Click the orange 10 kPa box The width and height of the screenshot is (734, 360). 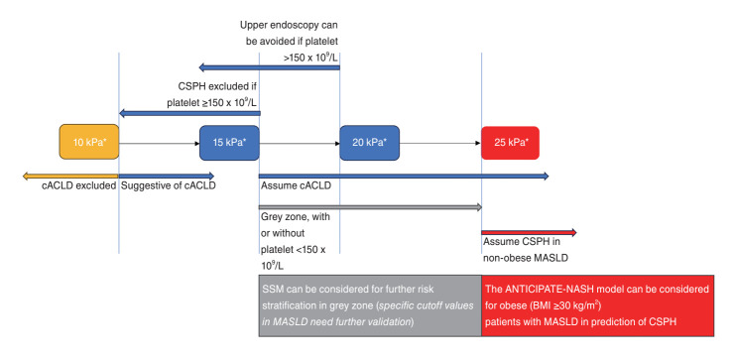coord(89,142)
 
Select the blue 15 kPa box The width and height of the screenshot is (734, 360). coord(229,143)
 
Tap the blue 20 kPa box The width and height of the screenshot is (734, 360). coord(369,143)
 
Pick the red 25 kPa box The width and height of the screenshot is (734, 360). coord(510,143)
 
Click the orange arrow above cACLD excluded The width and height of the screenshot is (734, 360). coord(70,176)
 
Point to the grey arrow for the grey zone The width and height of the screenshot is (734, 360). coord(370,207)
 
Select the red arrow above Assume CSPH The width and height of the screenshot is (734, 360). coord(529,232)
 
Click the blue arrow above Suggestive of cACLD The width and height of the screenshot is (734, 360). coord(167,176)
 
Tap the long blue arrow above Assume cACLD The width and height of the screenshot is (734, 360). coord(404,176)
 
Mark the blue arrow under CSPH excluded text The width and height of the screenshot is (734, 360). coord(189,113)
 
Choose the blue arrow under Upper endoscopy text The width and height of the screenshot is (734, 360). coord(269,67)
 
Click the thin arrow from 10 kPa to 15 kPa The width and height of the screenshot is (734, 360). coord(159,143)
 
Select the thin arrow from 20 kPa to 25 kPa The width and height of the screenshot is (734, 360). coord(440,143)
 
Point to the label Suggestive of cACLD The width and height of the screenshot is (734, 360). coord(169,185)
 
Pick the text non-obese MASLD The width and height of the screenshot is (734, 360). coord(526,258)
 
